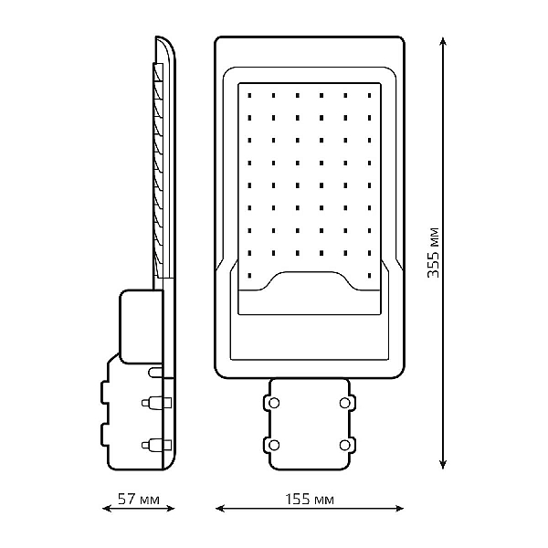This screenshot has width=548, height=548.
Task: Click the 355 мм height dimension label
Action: pos(433,252)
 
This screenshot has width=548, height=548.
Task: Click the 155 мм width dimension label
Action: pos(310,500)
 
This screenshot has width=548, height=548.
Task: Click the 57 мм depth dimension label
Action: pos(139,499)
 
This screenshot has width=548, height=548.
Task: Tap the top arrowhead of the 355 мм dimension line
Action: pos(443,42)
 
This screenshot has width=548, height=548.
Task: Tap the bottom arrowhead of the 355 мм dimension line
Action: pos(443,463)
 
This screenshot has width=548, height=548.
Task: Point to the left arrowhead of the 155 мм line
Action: pos(220,509)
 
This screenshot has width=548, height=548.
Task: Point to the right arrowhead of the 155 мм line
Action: pos(399,509)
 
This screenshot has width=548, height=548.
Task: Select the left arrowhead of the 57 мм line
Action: pos(107,509)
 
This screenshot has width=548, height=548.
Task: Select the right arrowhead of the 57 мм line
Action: pos(170,509)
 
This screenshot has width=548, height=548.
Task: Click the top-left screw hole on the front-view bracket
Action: pos(274,403)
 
